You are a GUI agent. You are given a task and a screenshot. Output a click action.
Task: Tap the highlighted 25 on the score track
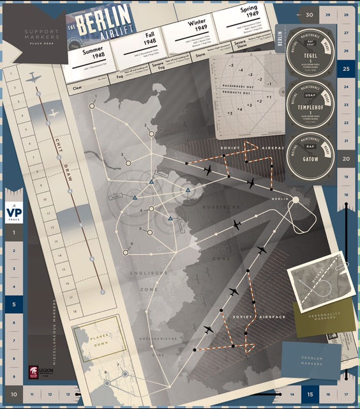(x=345, y=68)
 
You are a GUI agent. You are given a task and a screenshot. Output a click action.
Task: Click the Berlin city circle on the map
(x=295, y=201)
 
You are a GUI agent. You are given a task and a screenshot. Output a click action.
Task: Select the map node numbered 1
(x=92, y=106)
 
